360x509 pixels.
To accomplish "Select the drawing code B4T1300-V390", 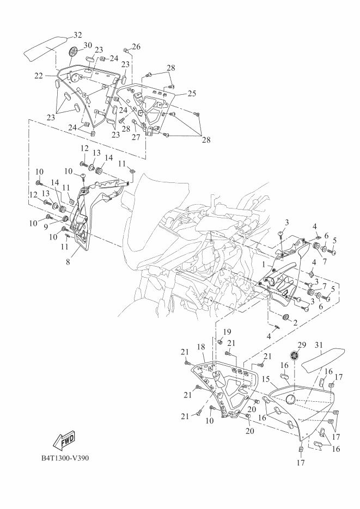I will coord(65,457).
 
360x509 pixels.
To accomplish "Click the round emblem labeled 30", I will coord(74,53).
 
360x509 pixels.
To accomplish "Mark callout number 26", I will coord(136,47).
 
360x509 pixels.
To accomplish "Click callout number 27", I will coord(135,137).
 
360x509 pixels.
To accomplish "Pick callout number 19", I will coord(227,332).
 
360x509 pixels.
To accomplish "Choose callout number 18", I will coord(200,346).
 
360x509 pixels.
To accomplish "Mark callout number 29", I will coord(302,345).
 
